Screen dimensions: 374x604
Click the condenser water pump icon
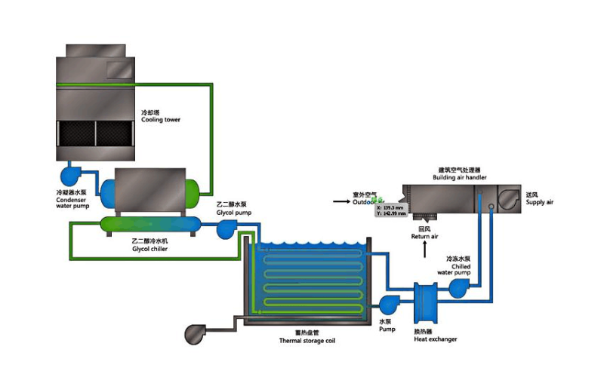[x=73, y=174]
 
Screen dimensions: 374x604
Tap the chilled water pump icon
[x=460, y=287]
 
